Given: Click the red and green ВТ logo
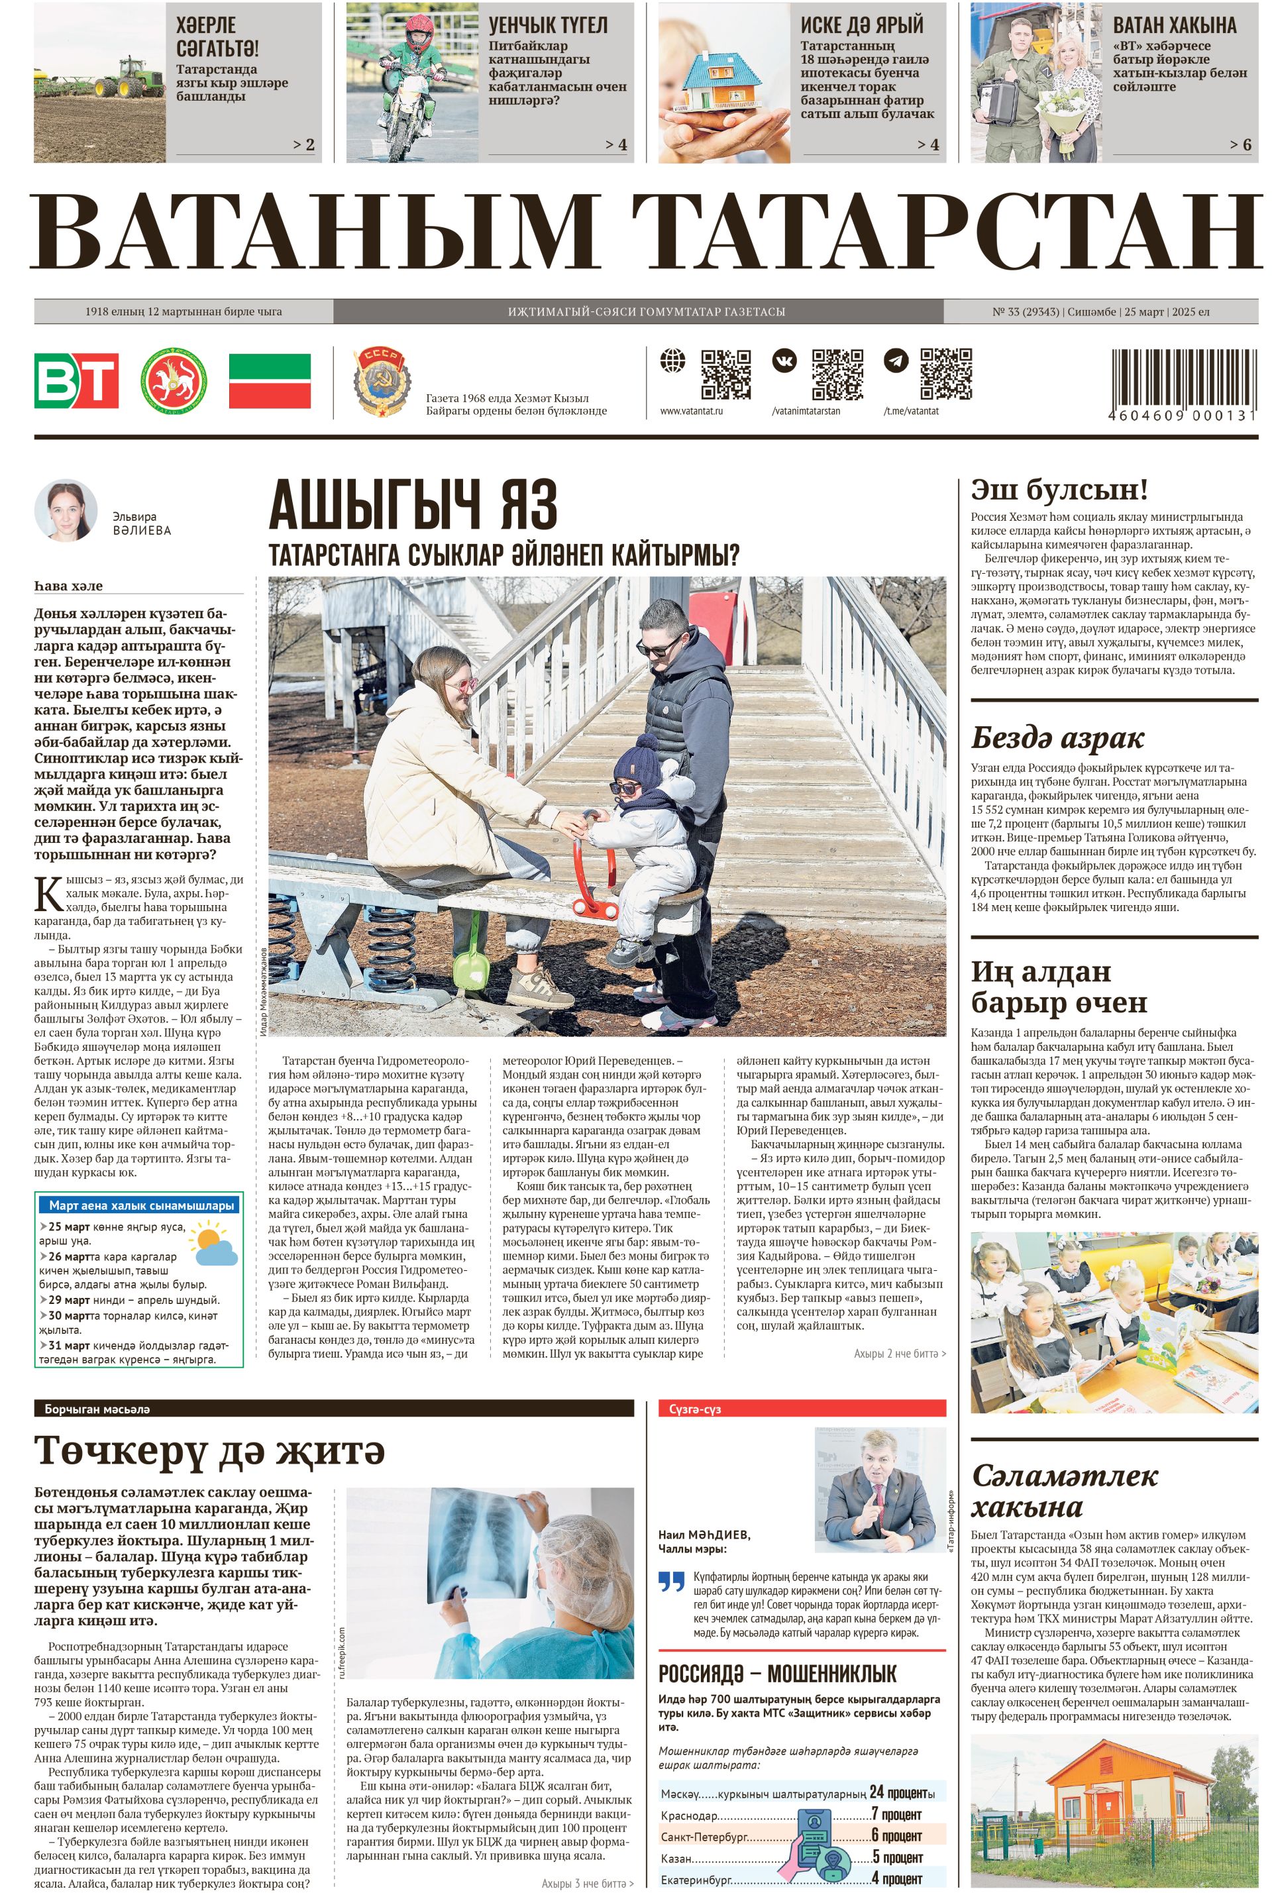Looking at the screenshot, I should (76, 380).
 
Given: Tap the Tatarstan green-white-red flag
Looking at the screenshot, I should (270, 380).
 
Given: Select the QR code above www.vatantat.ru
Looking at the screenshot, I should (725, 374).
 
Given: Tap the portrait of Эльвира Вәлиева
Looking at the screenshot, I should (66, 510).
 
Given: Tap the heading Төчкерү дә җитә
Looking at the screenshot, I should (209, 1449).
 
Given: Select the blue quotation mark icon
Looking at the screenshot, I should (672, 1582).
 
